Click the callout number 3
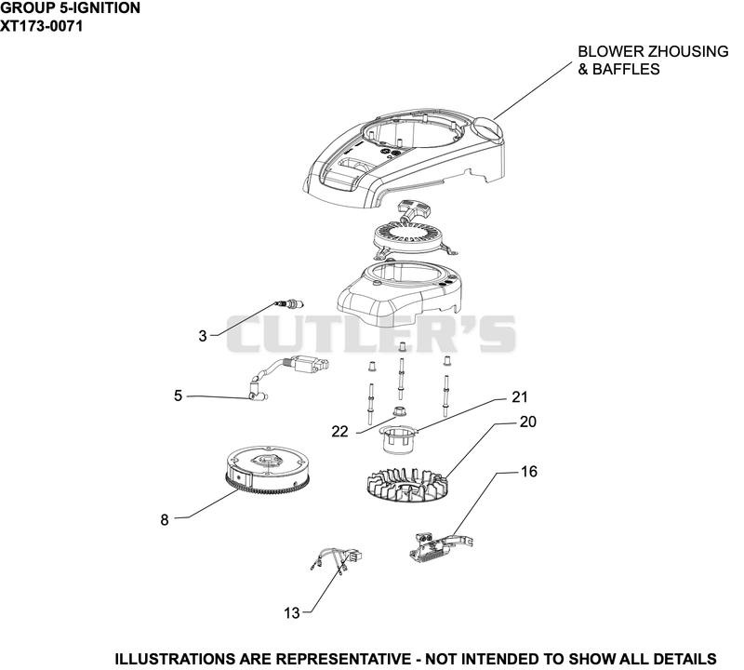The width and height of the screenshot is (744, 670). pyautogui.click(x=203, y=336)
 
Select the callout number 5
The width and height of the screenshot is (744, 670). pyautogui.click(x=178, y=395)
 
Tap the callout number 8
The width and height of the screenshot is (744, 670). pyautogui.click(x=165, y=520)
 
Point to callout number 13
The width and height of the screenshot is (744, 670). pyautogui.click(x=292, y=613)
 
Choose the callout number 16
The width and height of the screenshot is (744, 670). pyautogui.click(x=529, y=472)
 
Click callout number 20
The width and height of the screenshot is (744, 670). pyautogui.click(x=528, y=422)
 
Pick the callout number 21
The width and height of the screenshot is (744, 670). pyautogui.click(x=520, y=397)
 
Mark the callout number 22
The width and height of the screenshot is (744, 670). pyautogui.click(x=339, y=431)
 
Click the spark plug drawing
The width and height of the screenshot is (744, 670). pyautogui.click(x=289, y=304)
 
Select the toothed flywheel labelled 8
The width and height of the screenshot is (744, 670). pyautogui.click(x=268, y=471)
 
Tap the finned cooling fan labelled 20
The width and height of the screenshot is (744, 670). pyautogui.click(x=406, y=484)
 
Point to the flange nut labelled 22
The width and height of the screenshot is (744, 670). pyautogui.click(x=399, y=410)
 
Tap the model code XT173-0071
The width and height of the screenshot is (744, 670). pyautogui.click(x=41, y=26)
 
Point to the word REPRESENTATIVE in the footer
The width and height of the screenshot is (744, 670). pyautogui.click(x=343, y=659)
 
